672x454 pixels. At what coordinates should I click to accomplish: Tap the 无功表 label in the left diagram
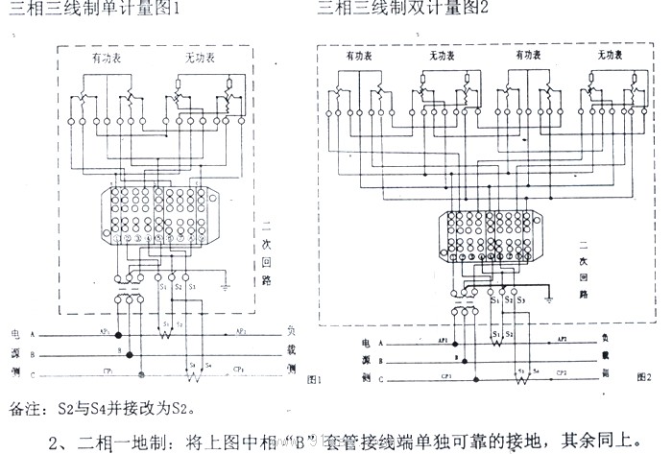click(199, 60)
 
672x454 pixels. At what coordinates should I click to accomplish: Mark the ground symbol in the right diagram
click(547, 297)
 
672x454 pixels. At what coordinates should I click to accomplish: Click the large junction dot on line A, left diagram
click(119, 336)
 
